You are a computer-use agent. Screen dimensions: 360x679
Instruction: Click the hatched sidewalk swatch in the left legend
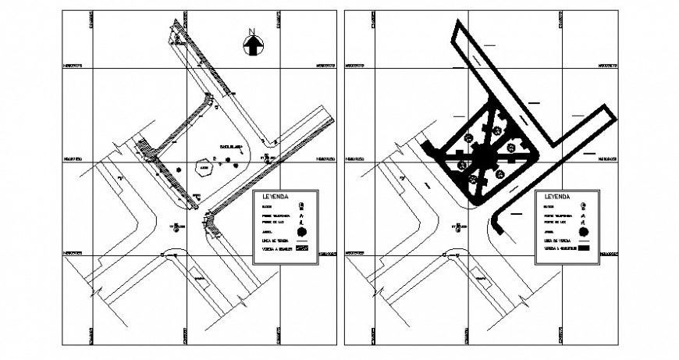click(304, 250)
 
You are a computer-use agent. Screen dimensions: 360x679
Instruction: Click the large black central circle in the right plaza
click(485, 157)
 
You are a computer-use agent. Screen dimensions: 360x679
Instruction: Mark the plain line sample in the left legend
click(304, 241)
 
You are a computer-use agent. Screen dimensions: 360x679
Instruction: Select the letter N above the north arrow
click(251, 32)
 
